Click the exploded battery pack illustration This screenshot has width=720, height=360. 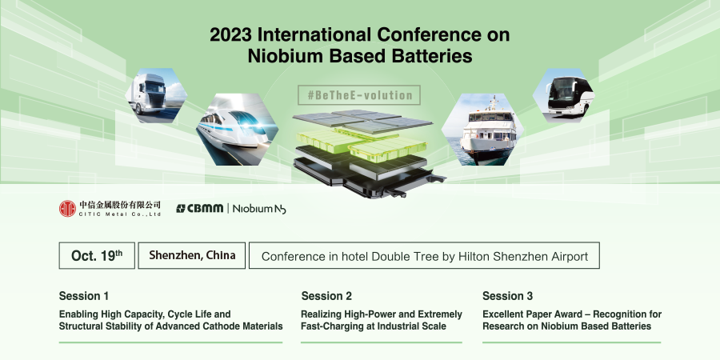pyautogui.click(x=359, y=151)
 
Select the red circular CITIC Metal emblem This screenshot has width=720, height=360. pyautogui.click(x=67, y=208)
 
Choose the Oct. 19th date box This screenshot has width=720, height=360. pyautogui.click(x=96, y=256)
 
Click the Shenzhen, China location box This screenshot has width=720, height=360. pyautogui.click(x=192, y=256)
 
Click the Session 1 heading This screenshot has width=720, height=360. pyautogui.click(x=84, y=297)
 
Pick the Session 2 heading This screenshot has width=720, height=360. pyautogui.click(x=326, y=297)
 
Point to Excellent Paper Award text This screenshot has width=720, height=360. pyautogui.click(x=528, y=314)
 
